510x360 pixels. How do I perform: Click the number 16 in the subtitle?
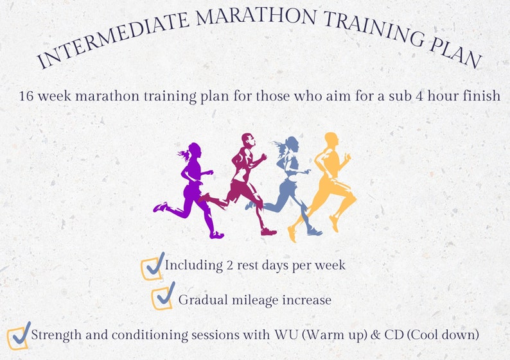(x=26, y=96)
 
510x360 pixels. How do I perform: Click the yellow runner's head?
(x=331, y=140)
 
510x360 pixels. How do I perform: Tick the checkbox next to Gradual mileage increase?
(x=163, y=297)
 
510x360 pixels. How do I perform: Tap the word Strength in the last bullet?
(x=55, y=335)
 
